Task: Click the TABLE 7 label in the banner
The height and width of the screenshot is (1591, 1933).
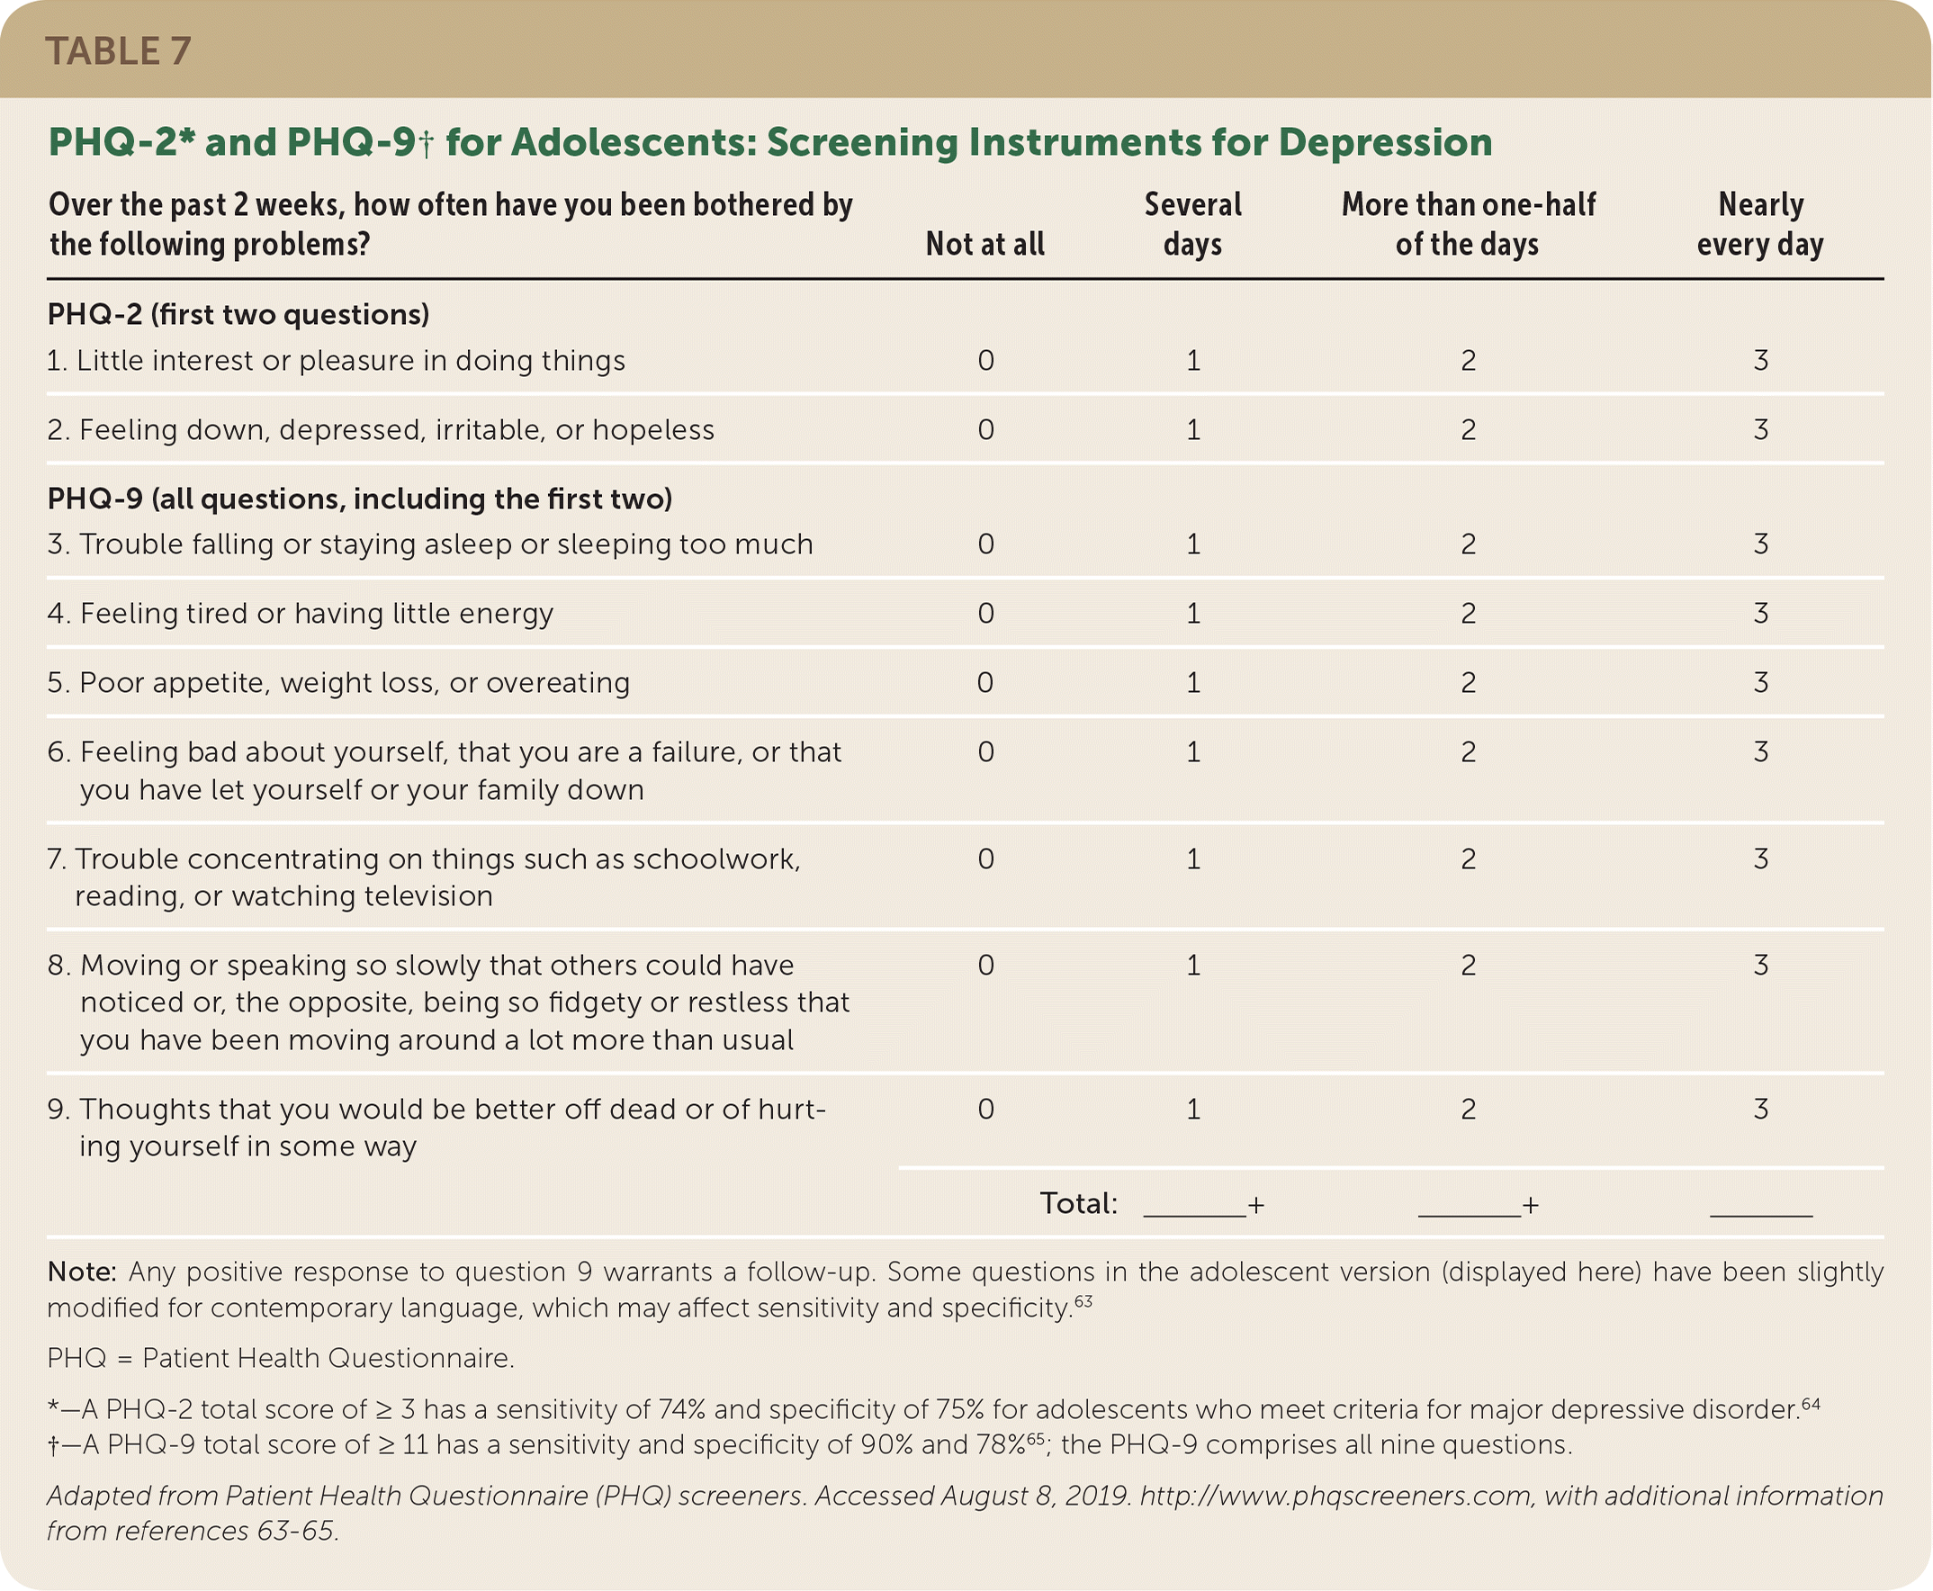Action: point(118,51)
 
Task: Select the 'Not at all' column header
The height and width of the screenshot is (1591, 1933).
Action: point(984,244)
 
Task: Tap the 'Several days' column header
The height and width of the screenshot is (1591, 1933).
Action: point(1192,223)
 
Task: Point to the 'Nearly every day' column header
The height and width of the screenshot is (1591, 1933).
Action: point(1760,223)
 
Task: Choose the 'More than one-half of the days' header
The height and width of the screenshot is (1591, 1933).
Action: point(1469,223)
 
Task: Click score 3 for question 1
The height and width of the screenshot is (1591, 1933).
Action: point(1761,360)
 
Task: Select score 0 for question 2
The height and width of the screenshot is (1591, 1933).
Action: point(985,430)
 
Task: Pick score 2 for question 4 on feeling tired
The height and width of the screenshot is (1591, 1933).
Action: point(1469,613)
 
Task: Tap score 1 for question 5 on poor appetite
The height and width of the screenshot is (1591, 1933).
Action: point(1192,683)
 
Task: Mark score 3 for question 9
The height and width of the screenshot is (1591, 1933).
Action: point(1761,1109)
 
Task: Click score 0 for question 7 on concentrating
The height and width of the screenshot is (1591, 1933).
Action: point(985,858)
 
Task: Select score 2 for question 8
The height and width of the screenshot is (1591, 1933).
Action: point(1469,965)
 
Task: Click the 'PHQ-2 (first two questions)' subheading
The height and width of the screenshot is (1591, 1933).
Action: point(238,314)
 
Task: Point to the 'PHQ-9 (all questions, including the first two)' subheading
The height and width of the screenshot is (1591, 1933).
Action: point(359,499)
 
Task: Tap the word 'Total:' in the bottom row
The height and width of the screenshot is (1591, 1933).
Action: point(1079,1203)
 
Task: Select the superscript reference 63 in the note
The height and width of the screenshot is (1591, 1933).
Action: point(1083,1301)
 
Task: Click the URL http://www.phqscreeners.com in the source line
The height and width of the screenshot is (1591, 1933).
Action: point(1335,1497)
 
